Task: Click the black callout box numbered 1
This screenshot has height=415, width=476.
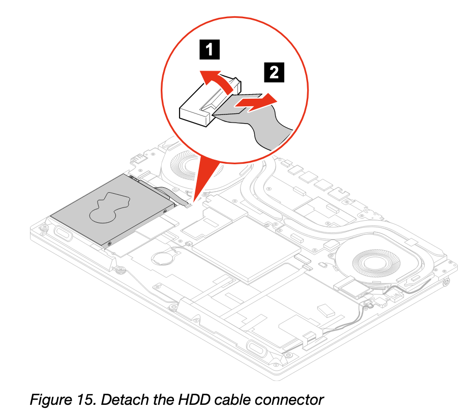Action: pos(210,49)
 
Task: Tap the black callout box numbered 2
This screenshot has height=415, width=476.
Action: pos(274,72)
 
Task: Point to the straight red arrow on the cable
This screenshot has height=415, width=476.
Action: pos(256,103)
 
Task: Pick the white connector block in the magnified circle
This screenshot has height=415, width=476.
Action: pos(210,101)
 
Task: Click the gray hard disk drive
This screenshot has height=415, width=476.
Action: pos(113,210)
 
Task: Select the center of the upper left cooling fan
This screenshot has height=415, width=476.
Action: pos(194,165)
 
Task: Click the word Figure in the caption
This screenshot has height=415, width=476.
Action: pos(50,400)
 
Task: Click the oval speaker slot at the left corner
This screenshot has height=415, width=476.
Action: pos(63,233)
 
